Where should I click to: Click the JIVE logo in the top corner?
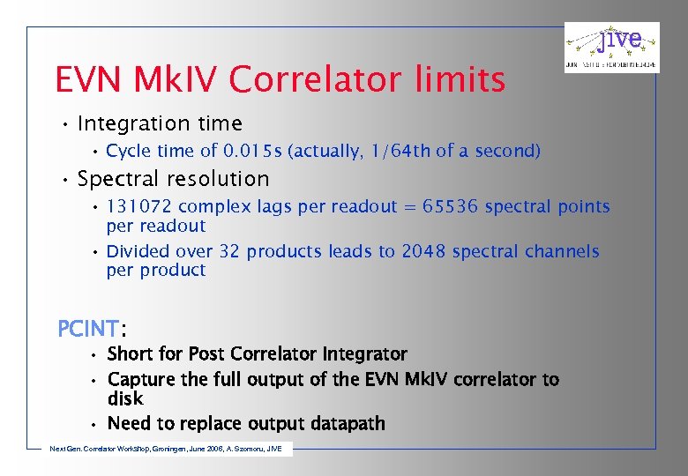611,47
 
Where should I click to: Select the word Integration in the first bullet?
132,123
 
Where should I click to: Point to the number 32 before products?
229,251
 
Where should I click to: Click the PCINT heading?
88,329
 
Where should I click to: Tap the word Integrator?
364,354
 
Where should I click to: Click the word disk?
125,399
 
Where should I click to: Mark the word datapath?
345,424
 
